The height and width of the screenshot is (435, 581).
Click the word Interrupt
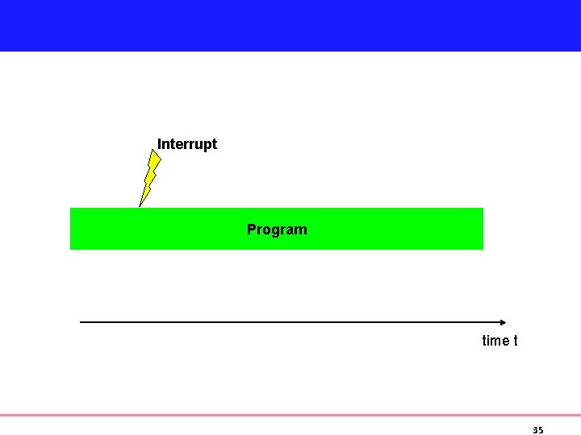pyautogui.click(x=187, y=144)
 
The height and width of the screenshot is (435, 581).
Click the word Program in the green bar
pyautogui.click(x=277, y=230)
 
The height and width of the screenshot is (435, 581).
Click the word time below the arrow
pyautogui.click(x=495, y=341)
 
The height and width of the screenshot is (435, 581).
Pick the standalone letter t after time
pyautogui.click(x=515, y=341)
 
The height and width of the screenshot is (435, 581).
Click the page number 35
pyautogui.click(x=538, y=430)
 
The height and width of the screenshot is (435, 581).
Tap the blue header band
pyautogui.click(x=290, y=25)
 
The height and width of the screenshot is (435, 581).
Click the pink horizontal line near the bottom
pyautogui.click(x=290, y=416)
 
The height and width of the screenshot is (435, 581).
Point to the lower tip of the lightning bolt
pyautogui.click(x=140, y=206)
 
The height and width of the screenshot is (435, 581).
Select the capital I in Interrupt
pyautogui.click(x=159, y=144)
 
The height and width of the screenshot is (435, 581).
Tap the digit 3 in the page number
pyautogui.click(x=536, y=430)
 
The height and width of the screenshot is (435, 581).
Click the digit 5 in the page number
pyautogui.click(x=541, y=430)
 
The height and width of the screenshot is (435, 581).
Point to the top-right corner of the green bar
pyautogui.click(x=483, y=209)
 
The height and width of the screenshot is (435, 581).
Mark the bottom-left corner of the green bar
pyautogui.click(x=71, y=249)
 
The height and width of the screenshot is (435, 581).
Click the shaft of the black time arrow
pyautogui.click(x=290, y=322)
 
